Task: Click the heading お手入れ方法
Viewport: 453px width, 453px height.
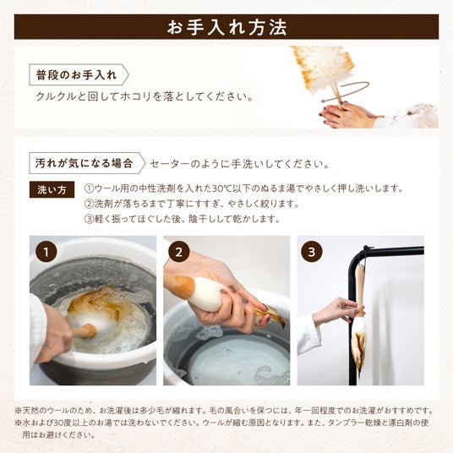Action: (226, 27)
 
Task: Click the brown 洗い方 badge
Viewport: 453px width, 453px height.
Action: (52, 189)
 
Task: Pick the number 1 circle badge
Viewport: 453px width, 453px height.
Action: (46, 252)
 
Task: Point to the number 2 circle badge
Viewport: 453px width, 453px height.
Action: (179, 252)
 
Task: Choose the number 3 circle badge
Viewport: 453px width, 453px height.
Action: (312, 252)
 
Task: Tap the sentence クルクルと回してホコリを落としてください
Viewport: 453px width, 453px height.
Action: (145, 96)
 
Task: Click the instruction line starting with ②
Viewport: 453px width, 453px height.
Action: (192, 204)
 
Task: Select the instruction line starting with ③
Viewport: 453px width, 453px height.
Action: (183, 219)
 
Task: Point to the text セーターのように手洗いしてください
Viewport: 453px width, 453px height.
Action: (240, 164)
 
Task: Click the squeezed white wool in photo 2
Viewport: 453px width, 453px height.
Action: (206, 293)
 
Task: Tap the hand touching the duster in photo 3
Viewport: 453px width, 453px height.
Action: (336, 310)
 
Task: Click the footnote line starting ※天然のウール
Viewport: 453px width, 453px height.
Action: (225, 411)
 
